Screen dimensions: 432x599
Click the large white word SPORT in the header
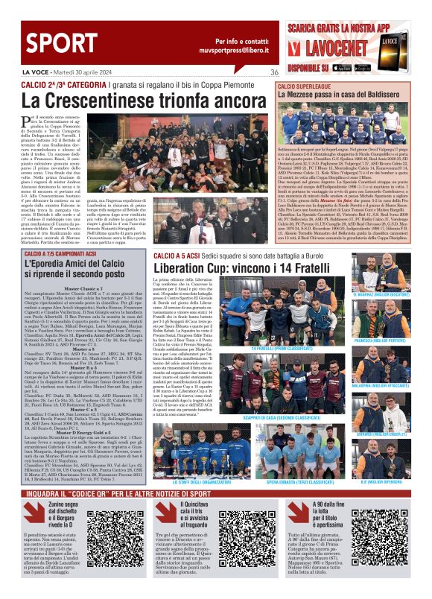(x=45, y=42)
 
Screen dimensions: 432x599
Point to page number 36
(x=274, y=72)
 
